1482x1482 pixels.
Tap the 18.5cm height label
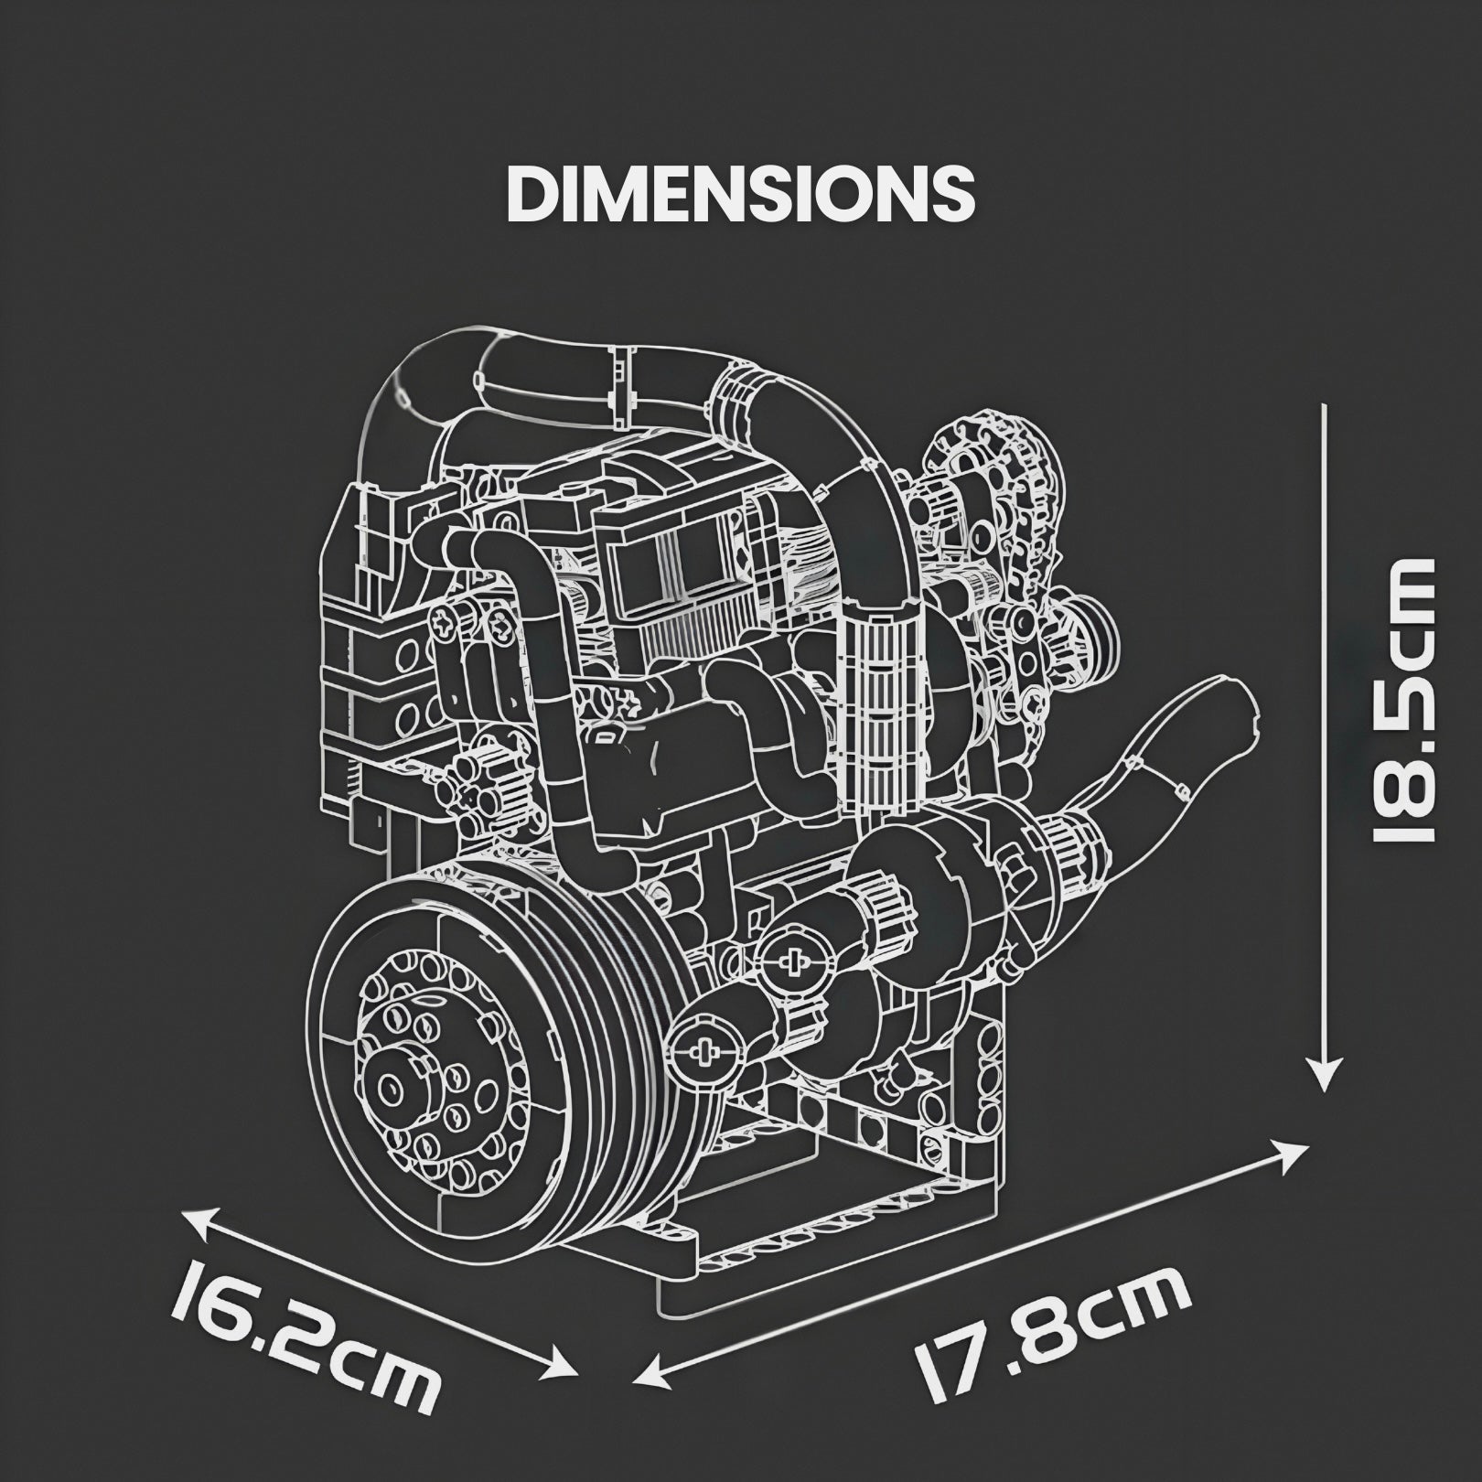[1400, 700]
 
